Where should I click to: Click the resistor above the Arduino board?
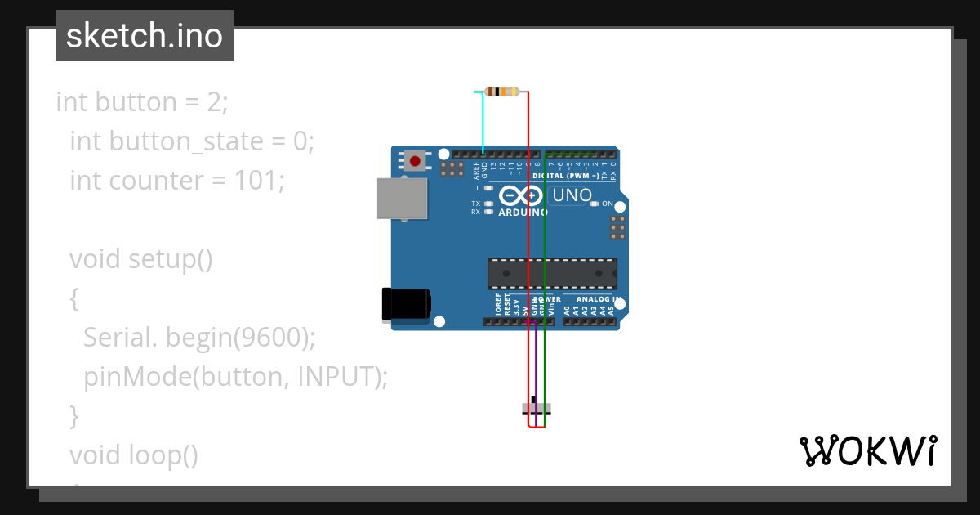(x=502, y=92)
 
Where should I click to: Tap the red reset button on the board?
(x=415, y=161)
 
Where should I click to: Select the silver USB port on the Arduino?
(x=402, y=199)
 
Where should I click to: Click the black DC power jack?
(x=407, y=304)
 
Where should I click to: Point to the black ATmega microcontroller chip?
(x=552, y=274)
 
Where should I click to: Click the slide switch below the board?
(x=536, y=409)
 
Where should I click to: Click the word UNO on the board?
(x=572, y=195)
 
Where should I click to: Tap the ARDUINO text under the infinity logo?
(x=523, y=213)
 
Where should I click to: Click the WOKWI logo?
(x=867, y=451)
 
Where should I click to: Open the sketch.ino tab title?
(x=145, y=36)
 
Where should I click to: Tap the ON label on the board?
(x=608, y=204)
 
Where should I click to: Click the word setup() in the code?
(x=170, y=259)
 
